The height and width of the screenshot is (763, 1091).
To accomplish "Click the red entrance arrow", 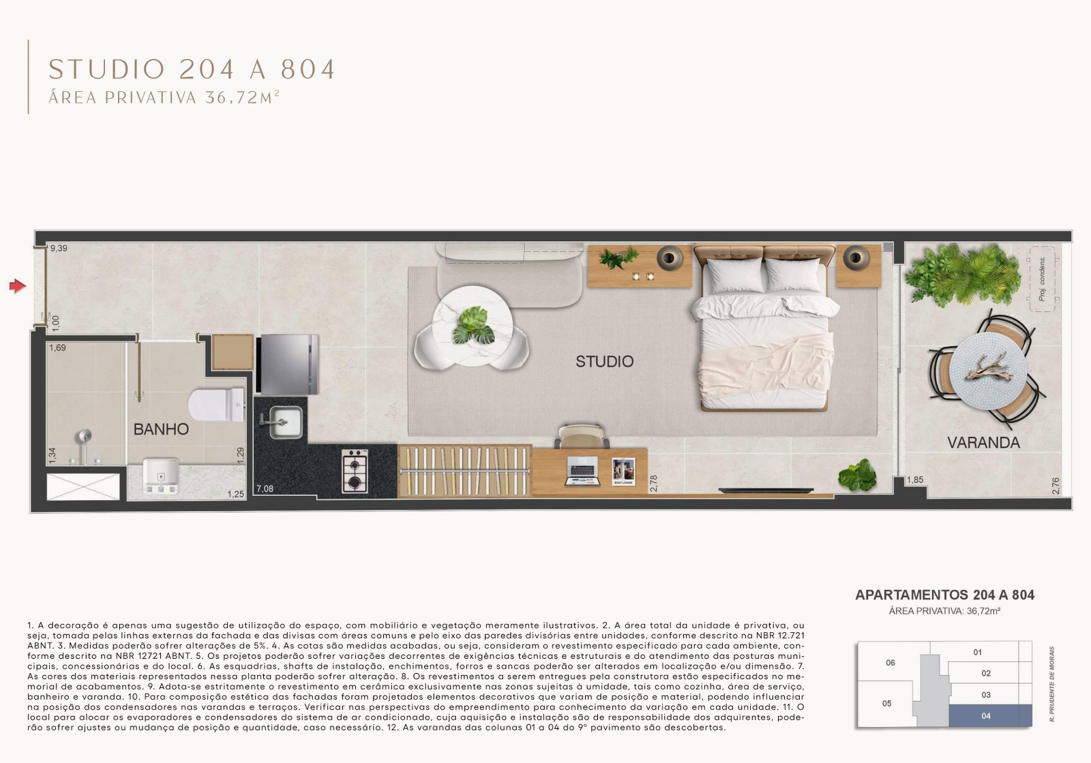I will coord(17,286).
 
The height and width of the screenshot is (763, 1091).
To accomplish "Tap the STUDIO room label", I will coord(604,361).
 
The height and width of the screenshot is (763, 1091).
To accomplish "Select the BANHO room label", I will coord(161,429).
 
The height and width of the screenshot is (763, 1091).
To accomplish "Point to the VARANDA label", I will coord(983,443).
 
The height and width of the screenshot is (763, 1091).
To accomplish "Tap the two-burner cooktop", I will coord(355,471).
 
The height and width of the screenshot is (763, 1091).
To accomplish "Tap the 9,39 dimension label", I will coord(59,249).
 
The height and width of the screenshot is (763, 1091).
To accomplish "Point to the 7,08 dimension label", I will coord(265,488).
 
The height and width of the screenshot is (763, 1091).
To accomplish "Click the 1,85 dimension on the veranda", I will coord(915,480).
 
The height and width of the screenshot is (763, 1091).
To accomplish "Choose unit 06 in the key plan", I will coord(890,663).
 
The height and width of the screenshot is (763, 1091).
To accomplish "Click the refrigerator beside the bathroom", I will coord(287,364).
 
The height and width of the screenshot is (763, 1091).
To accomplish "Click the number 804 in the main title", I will coord(308,69).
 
